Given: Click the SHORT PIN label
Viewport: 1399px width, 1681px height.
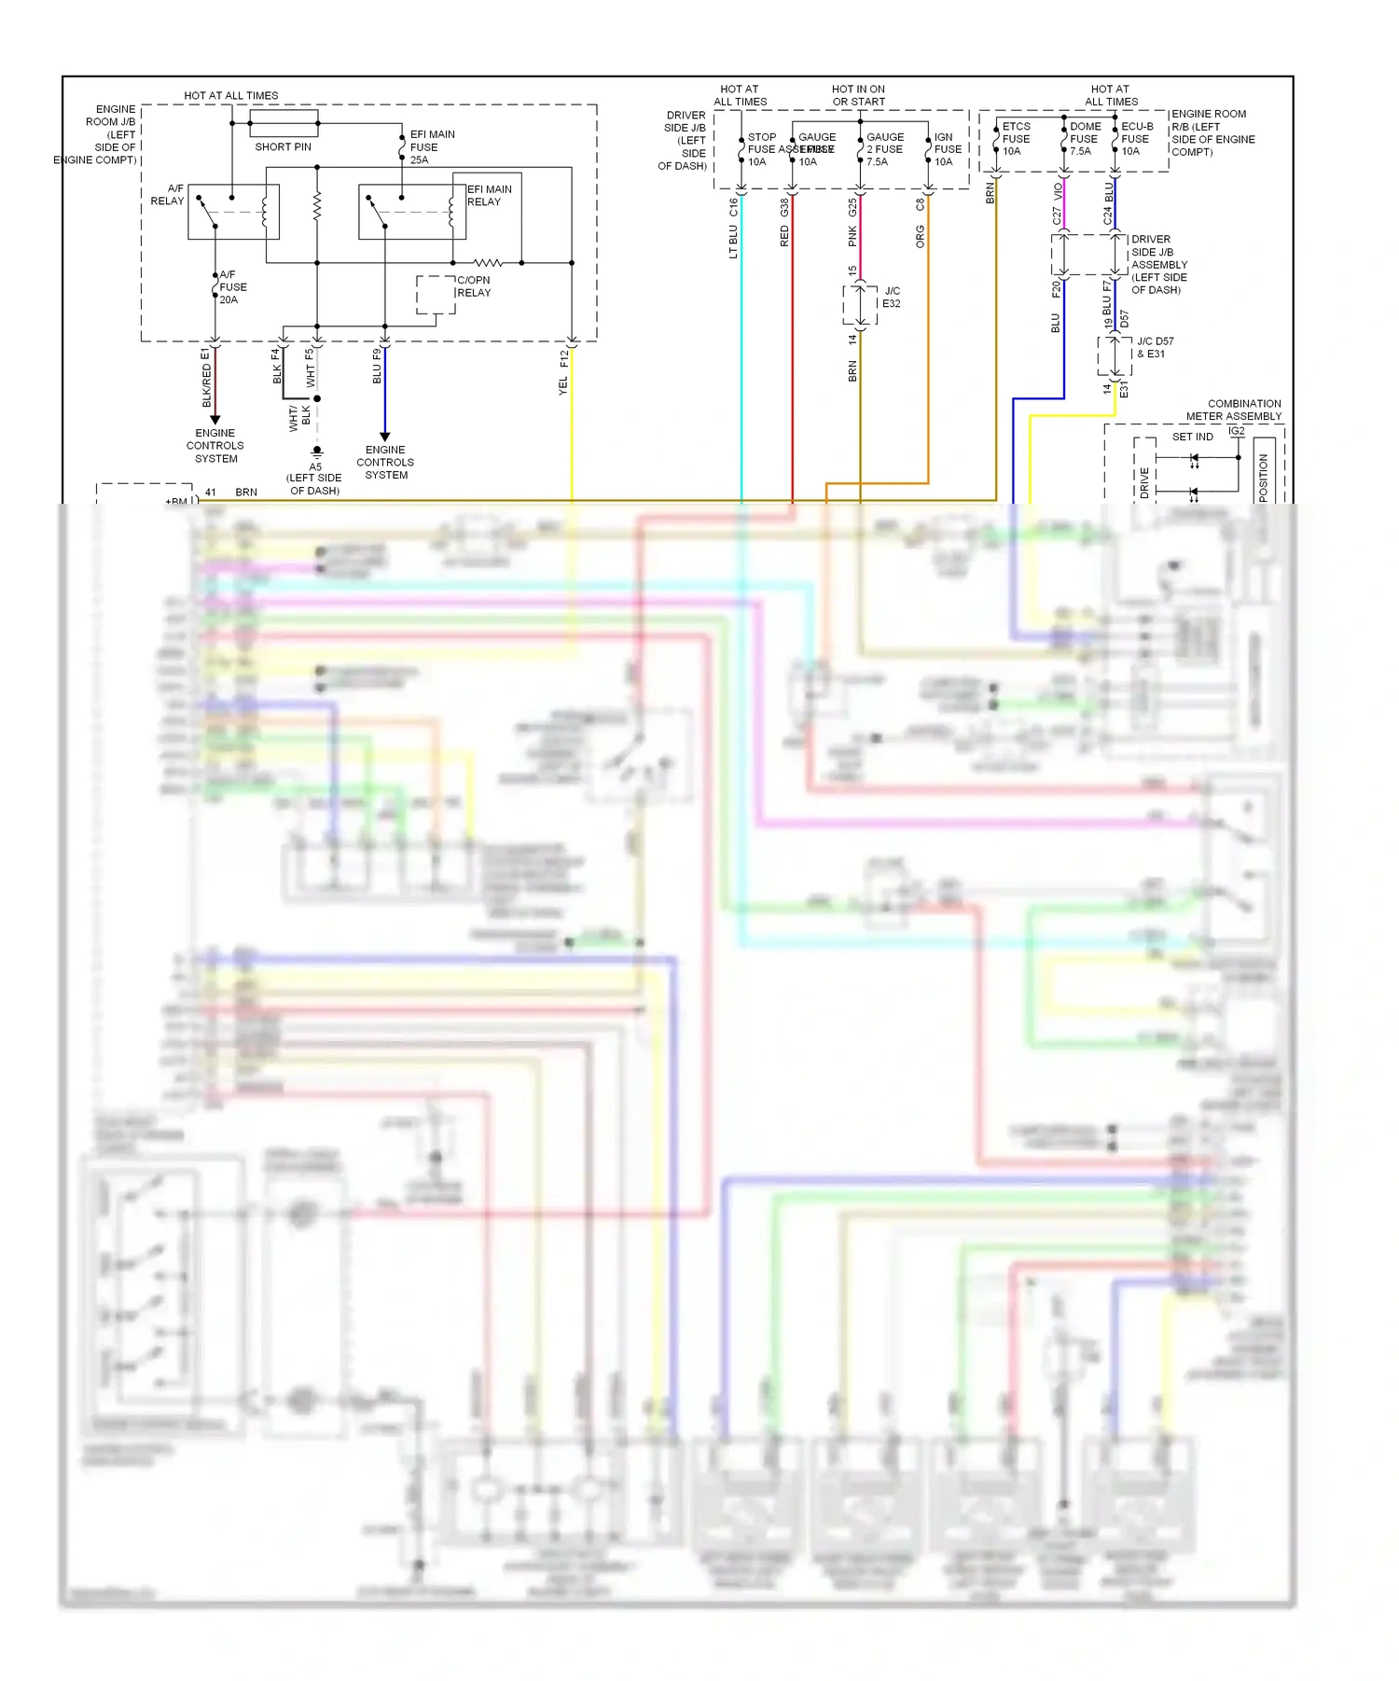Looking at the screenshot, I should [x=283, y=147].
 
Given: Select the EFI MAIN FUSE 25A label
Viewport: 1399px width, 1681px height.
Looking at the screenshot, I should [x=431, y=147].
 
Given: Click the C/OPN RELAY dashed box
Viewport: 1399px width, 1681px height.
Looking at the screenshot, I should [x=436, y=295].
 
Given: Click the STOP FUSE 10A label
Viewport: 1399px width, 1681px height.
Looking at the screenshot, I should [x=760, y=149].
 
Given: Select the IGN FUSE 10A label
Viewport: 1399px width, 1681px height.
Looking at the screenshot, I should [x=947, y=149].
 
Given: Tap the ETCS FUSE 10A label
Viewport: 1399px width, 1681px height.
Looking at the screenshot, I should [x=1015, y=139].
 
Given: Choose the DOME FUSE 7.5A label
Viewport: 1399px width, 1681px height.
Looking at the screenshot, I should [x=1084, y=139].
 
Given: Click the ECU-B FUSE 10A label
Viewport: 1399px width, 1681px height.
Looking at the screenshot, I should [x=1135, y=139].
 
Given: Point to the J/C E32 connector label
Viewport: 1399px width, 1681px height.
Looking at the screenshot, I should [x=891, y=298].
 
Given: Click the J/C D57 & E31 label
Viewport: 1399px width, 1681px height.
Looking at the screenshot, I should [x=1154, y=348].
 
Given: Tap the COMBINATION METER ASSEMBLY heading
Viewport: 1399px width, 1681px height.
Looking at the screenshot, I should [x=1233, y=410].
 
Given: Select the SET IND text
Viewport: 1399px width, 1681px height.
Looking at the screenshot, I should [x=1192, y=437].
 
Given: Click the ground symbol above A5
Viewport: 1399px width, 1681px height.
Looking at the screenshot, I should [x=317, y=452].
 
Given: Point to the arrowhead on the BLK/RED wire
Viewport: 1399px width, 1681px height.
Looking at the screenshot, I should [x=215, y=420].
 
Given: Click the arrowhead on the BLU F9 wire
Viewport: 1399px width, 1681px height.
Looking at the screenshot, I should [x=384, y=437].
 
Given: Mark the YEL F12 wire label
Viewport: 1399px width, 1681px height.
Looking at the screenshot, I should [x=563, y=373].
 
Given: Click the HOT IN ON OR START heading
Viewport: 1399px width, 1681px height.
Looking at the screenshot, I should [x=858, y=95].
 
